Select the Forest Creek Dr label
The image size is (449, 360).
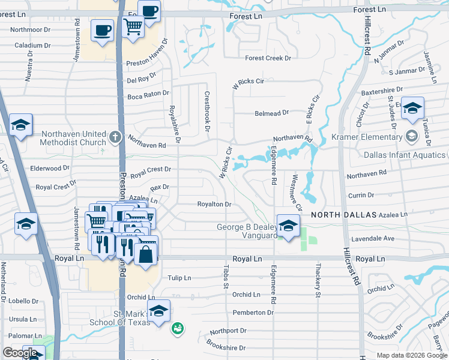(x=268, y=58)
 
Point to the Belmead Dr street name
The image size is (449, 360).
(x=272, y=112)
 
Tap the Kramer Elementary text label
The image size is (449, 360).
(x=367, y=137)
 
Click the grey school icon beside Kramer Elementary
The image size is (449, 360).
(x=411, y=136)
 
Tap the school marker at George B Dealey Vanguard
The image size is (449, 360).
(x=288, y=226)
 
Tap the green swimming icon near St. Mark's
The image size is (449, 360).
(x=177, y=328)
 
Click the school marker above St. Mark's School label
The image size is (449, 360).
(x=158, y=311)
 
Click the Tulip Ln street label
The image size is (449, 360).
(x=179, y=278)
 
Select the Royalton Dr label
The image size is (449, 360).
(x=215, y=205)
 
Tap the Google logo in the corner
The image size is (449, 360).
(x=20, y=353)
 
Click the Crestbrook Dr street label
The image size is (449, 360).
(x=207, y=111)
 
